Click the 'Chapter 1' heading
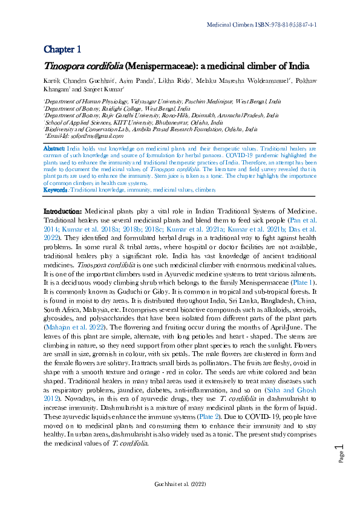click(62, 49)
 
